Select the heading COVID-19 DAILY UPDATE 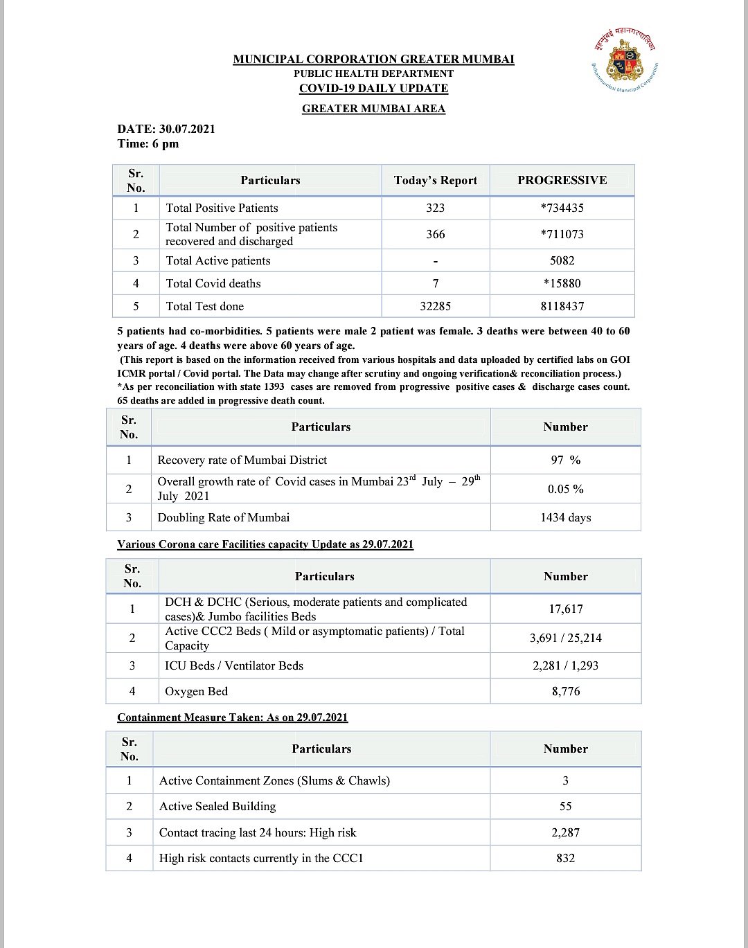373,89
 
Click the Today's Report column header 436,181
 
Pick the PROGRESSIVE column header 562,181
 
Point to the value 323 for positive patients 436,208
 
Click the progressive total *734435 562,208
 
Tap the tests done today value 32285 436,306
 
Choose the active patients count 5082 562,260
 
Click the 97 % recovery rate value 565,460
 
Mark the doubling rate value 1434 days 565,517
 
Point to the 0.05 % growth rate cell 565,489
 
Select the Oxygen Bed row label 196,691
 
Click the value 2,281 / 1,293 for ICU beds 565,665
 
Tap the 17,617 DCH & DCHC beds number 565,609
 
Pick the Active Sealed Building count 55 565,806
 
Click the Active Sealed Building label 217,806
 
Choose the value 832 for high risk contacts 565,858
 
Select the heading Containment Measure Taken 232,717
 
